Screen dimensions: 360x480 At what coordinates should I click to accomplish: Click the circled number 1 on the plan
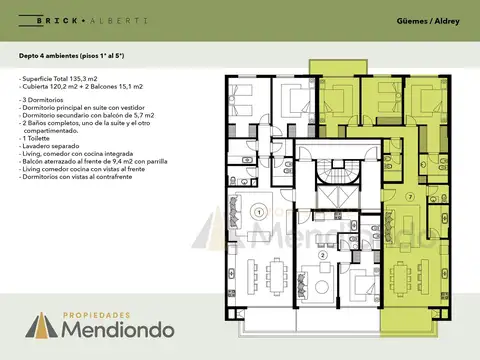(x=258, y=212)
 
